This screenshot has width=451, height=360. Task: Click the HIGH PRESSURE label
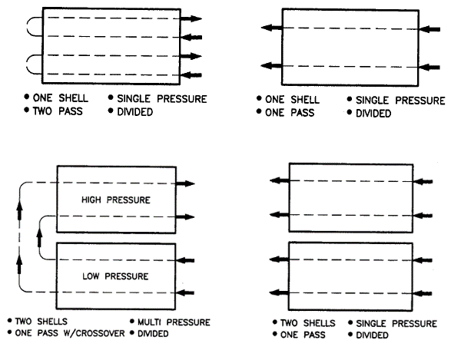[x=116, y=200]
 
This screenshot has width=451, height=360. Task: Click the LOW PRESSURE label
[x=115, y=276]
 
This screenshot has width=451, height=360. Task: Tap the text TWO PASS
[x=58, y=111]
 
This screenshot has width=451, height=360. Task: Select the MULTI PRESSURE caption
[x=174, y=322]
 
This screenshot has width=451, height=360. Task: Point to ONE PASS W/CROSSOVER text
[x=70, y=333]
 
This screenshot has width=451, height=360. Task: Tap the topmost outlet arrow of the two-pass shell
[x=191, y=18]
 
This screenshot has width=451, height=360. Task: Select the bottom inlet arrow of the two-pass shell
[x=191, y=75]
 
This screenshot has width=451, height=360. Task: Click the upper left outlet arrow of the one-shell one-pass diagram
[x=271, y=28]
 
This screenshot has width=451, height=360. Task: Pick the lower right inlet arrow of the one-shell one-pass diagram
[x=429, y=68]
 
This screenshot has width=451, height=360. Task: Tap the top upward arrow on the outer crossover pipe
[x=19, y=210]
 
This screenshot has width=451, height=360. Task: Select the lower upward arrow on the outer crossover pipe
[x=19, y=264]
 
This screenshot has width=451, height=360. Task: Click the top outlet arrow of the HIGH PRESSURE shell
[x=185, y=183]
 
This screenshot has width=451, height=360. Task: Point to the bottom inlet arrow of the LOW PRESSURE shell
[x=185, y=292]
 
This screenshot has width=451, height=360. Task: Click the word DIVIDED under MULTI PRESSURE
[x=153, y=334]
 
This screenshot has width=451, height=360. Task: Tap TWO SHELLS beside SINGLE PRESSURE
[x=308, y=323]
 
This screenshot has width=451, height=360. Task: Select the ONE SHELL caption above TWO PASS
[x=61, y=98]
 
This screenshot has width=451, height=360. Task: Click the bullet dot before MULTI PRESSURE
[x=132, y=321]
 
